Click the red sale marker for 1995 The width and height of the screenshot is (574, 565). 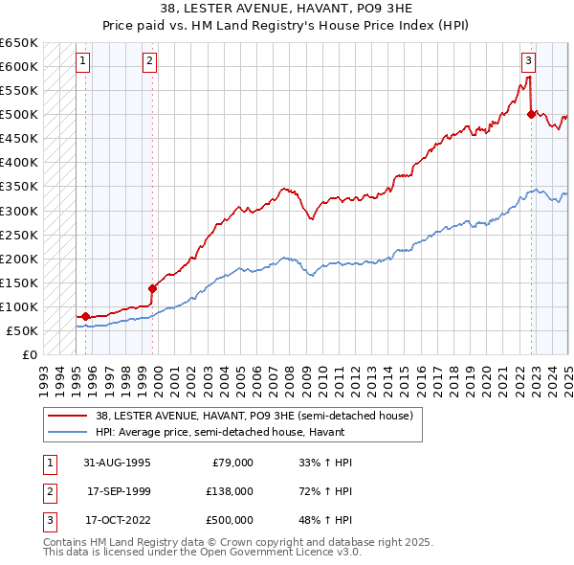click(x=85, y=316)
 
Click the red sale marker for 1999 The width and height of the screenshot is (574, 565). click(x=152, y=287)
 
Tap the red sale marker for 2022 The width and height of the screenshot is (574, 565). click(x=531, y=114)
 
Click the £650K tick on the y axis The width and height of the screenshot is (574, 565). click(x=19, y=43)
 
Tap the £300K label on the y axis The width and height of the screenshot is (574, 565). click(x=19, y=211)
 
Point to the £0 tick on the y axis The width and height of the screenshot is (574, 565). click(x=30, y=354)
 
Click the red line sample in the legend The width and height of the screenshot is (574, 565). click(x=68, y=416)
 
